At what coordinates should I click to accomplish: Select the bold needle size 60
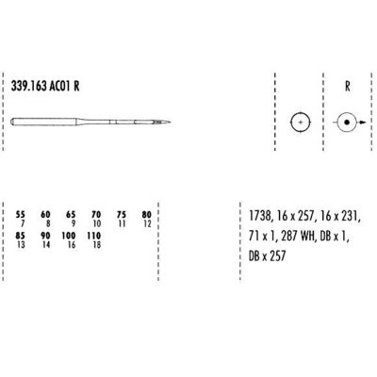pos(46,214)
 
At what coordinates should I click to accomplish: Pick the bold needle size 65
pos(71,214)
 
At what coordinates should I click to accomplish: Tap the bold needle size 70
pos(96,214)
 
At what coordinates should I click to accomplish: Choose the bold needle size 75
pos(121,214)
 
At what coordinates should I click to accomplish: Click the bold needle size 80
pos(146,214)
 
